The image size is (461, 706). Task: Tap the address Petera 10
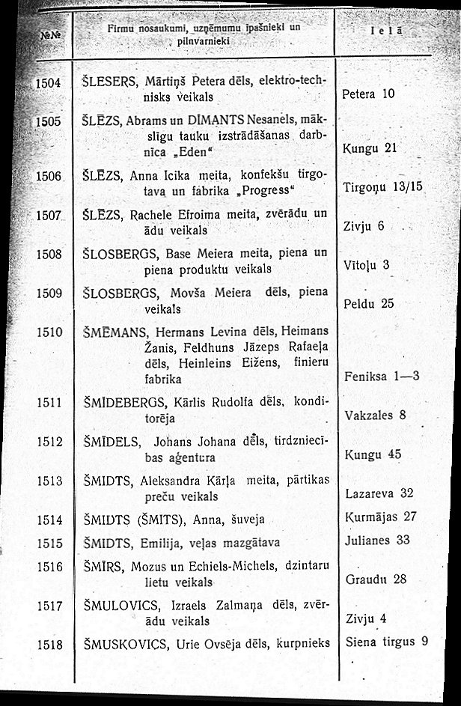367,95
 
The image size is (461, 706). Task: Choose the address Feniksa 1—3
382,377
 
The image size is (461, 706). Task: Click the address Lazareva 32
379,493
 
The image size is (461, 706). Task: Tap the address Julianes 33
378,539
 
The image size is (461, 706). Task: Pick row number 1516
51,567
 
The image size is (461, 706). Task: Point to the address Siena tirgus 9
388,641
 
